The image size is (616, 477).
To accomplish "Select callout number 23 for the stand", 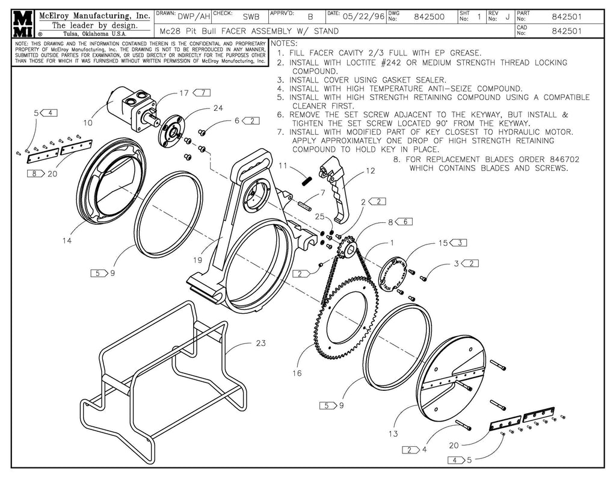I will [260, 344].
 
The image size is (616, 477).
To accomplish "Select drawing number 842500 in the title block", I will [430, 17].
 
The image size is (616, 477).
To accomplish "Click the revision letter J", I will [508, 17].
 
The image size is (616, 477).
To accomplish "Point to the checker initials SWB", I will [251, 17].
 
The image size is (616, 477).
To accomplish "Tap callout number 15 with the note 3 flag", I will [443, 243].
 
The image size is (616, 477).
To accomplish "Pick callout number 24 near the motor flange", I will [218, 108].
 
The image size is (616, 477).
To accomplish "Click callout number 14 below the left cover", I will [66, 242].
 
